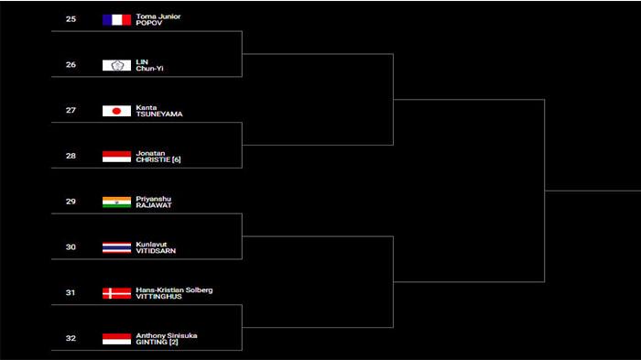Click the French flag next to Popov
click(116, 19)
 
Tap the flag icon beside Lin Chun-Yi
click(116, 65)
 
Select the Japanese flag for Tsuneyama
click(116, 111)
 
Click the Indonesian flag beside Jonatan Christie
click(116, 157)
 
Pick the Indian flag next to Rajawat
click(116, 202)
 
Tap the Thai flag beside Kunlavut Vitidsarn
click(116, 247)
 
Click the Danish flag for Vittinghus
click(116, 293)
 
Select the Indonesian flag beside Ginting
click(116, 339)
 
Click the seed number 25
click(71, 19)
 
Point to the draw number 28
click(71, 157)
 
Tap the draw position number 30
click(71, 247)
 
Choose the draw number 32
click(71, 339)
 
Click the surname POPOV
click(148, 23)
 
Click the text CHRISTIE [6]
click(158, 160)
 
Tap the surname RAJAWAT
click(153, 205)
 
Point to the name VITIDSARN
click(155, 251)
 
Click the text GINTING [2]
click(157, 342)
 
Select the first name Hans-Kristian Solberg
click(174, 289)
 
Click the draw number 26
click(71, 65)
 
